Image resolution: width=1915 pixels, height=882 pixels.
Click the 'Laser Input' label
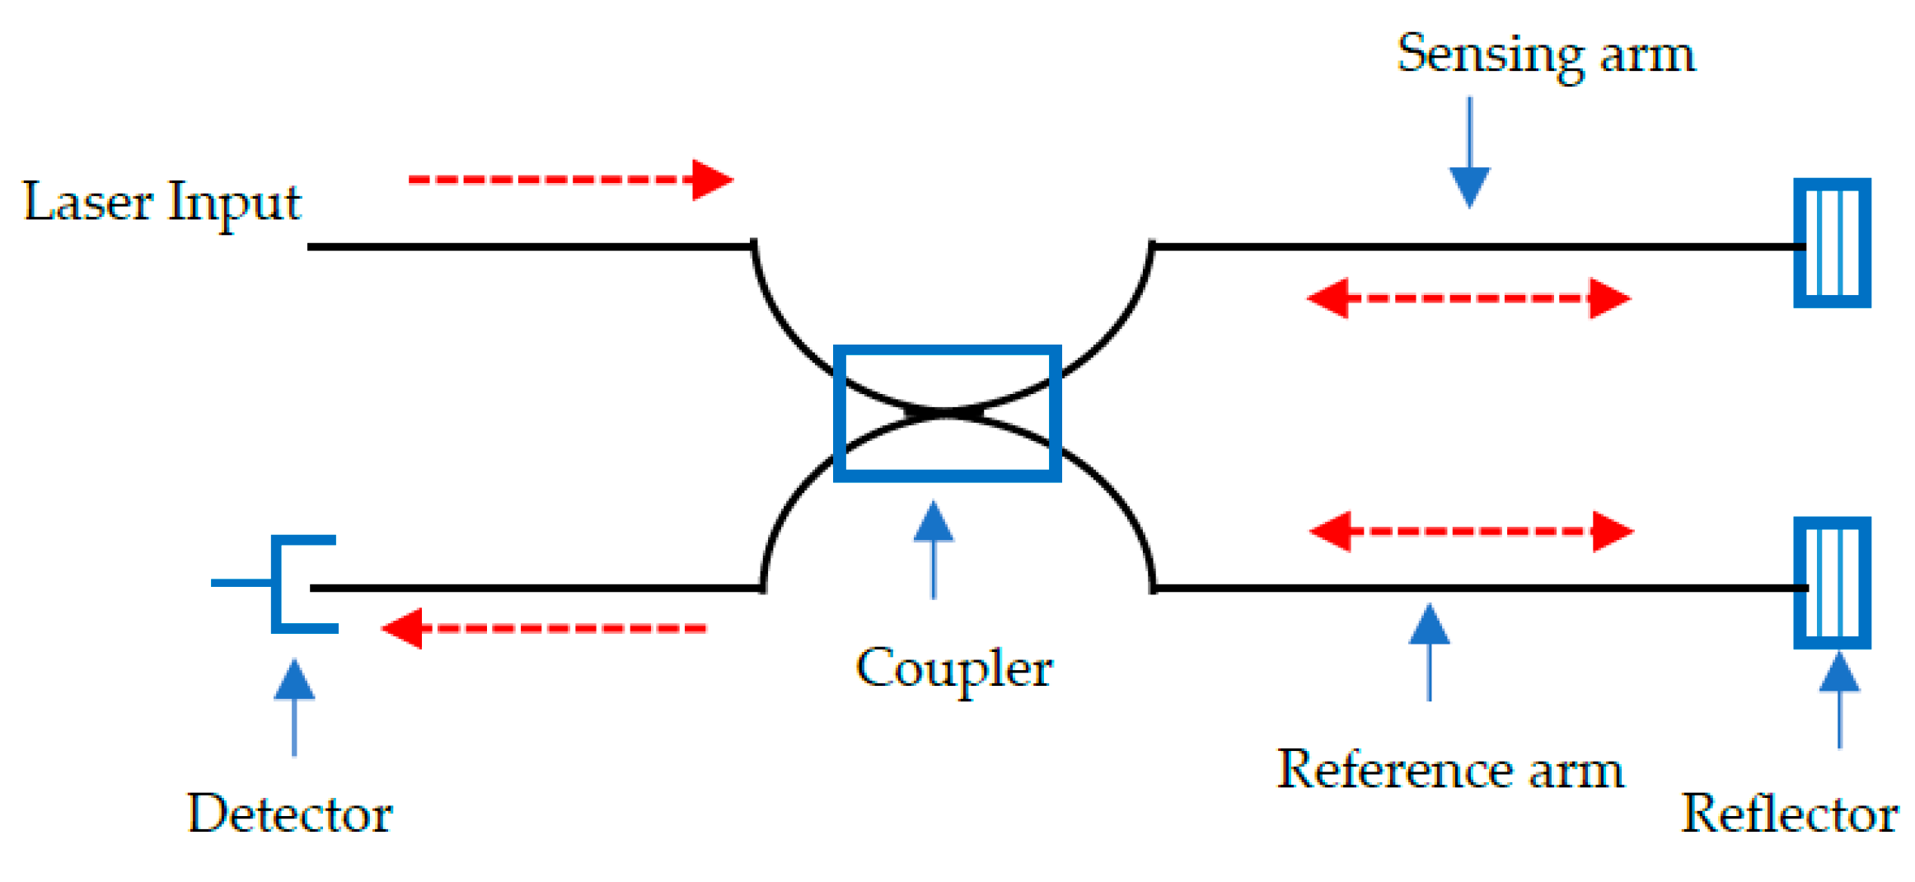click(162, 203)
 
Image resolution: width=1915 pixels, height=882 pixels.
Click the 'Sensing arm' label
click(1546, 55)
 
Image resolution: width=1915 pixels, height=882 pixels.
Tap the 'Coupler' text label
click(953, 668)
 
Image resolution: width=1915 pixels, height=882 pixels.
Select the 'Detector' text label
click(289, 814)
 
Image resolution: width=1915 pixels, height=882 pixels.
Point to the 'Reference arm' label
click(1450, 771)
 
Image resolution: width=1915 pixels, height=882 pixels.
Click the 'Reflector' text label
click(1790, 814)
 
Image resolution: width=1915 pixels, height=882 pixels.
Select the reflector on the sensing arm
click(1833, 243)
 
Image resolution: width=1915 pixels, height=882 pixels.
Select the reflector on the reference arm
click(1833, 583)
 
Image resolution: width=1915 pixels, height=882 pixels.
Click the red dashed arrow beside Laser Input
click(570, 180)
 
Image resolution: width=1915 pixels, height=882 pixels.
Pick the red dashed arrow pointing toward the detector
click(544, 628)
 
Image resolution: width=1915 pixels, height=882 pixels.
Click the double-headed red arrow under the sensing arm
click(1468, 298)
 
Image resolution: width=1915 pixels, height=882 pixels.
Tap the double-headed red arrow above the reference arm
click(1471, 532)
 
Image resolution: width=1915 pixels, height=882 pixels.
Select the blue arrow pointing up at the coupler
click(934, 549)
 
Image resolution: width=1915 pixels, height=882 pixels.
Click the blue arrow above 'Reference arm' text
click(1429, 651)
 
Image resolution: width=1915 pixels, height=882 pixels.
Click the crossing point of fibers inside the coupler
click(946, 412)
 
